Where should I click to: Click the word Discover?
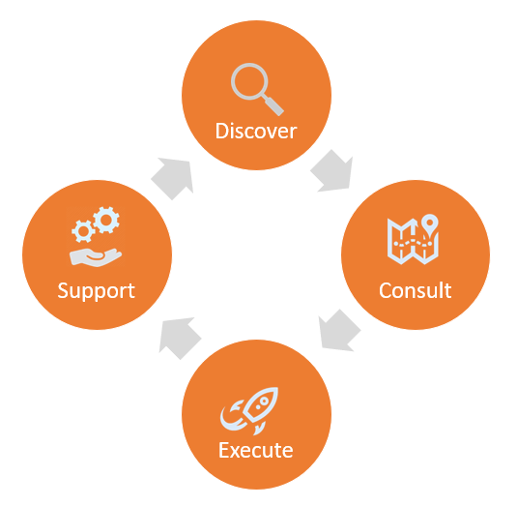tap(256, 131)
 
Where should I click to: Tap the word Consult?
tap(416, 290)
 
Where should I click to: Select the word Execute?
tap(256, 450)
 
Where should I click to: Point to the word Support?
tap(97, 291)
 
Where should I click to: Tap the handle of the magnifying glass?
tap(273, 104)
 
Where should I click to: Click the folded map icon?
tap(413, 241)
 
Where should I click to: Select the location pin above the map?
tap(430, 224)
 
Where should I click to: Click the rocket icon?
tap(249, 411)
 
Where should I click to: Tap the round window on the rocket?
tap(264, 402)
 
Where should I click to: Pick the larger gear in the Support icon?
tap(106, 220)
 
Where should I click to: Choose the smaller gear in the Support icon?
tap(83, 231)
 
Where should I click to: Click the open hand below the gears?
tap(96, 257)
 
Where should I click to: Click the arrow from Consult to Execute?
tap(339, 331)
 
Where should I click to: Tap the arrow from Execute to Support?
tap(180, 339)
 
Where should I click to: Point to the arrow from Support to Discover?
tap(173, 178)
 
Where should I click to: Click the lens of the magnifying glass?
tap(249, 81)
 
